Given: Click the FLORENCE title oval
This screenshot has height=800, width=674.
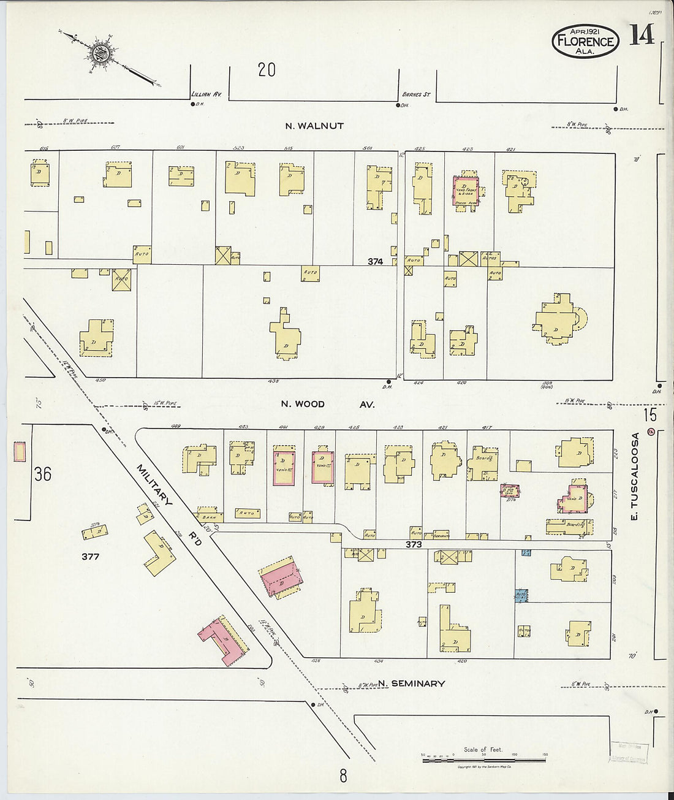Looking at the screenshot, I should point(585,41).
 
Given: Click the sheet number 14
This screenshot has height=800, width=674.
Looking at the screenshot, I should point(641,35).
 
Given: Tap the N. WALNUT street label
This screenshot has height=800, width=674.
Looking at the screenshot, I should point(314,126).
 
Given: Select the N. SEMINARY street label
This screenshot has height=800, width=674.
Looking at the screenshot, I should point(411,683).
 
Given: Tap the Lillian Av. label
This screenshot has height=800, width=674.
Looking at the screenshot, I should point(210,94).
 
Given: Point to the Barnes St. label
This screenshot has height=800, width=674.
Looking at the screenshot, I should point(416,94).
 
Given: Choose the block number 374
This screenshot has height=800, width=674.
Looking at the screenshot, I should point(375,261).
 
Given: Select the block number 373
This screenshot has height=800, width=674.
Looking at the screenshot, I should point(414,544).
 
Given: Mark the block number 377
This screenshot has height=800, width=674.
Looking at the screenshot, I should point(90,557).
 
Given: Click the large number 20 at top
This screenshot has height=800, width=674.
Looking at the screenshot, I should point(267,70).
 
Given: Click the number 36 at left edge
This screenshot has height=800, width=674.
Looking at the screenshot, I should point(43,474).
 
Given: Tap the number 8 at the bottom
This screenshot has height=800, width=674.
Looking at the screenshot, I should point(343,776).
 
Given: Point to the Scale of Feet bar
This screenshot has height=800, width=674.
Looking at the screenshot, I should point(483,760).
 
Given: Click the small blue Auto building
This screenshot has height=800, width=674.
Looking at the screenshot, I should point(521,595).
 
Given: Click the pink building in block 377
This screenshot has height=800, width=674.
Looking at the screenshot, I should point(219,641).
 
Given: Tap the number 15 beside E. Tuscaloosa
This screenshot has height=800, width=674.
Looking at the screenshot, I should point(649,415).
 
